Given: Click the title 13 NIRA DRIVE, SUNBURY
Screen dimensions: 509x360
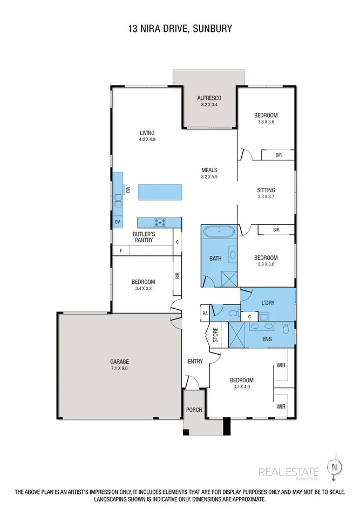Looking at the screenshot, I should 180,28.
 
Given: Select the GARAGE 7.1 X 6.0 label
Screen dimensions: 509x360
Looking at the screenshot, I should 120,365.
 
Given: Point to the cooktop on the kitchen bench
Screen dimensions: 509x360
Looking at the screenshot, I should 160,222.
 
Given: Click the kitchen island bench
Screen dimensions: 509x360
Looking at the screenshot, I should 160,192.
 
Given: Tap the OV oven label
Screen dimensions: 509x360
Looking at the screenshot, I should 117,222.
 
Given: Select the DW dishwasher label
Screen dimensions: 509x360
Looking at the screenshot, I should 128,190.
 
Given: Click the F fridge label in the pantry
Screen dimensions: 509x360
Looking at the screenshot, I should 121,250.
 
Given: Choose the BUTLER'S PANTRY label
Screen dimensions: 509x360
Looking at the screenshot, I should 144,237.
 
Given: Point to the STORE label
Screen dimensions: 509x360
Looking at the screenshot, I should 215,336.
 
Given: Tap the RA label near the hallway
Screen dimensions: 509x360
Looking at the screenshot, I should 205,313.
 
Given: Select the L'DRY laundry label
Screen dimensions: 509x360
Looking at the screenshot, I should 268,303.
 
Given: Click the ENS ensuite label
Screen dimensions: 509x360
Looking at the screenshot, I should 267,339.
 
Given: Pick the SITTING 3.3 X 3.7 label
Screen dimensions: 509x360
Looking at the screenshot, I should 266,193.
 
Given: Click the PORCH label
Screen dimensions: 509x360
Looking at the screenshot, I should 194,410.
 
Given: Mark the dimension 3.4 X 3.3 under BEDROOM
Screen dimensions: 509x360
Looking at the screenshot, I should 144,289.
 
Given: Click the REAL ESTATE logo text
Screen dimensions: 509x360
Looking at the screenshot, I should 289,472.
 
